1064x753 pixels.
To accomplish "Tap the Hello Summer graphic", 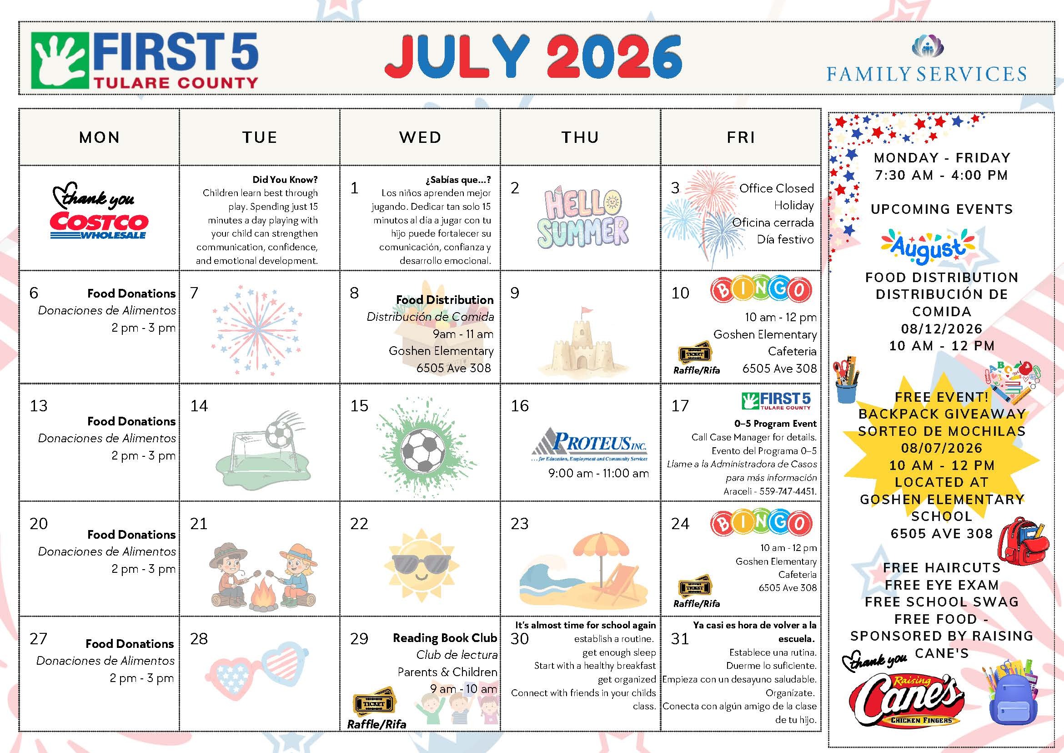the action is (583, 219).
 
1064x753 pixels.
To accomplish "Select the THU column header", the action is (580, 137).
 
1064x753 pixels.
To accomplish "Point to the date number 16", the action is (520, 406).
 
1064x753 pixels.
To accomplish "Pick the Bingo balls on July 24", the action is (761, 523).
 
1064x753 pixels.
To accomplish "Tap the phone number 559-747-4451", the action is (788, 491).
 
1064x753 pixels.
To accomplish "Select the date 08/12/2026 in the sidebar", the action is (942, 329).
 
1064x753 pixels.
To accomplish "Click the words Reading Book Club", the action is (445, 638).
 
